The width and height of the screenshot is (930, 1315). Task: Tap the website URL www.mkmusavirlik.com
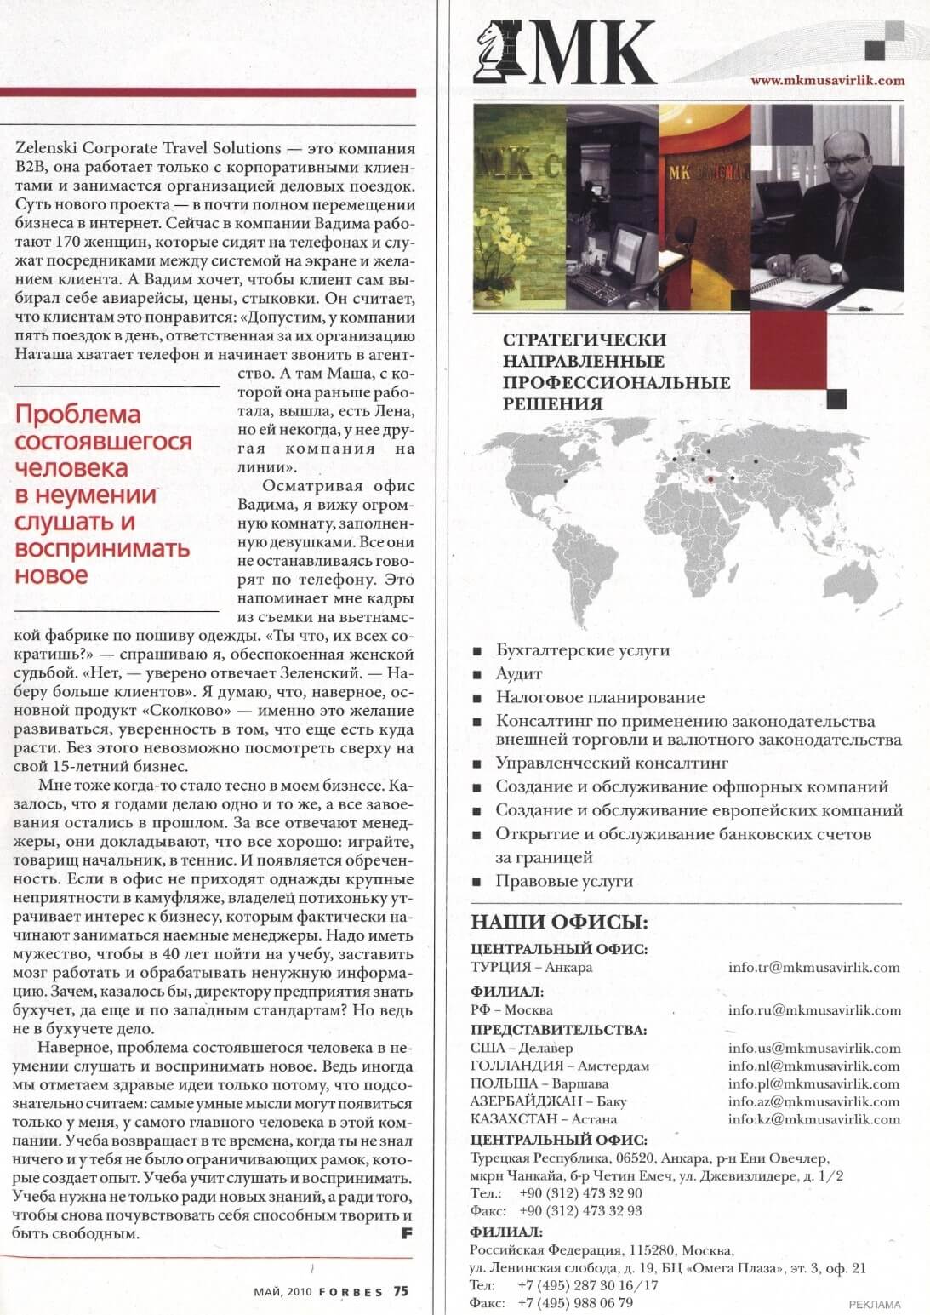pyautogui.click(x=827, y=81)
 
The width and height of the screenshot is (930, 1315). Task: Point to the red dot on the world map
pyautogui.click(x=710, y=478)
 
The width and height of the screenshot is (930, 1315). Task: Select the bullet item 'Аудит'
pyautogui.click(x=519, y=673)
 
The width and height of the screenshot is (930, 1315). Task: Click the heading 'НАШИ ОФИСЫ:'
pyautogui.click(x=559, y=923)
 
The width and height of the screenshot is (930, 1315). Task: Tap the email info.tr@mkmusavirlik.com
pyautogui.click(x=813, y=968)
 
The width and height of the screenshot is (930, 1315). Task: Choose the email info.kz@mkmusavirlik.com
pyautogui.click(x=813, y=1119)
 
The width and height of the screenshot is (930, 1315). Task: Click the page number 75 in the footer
pyautogui.click(x=401, y=1291)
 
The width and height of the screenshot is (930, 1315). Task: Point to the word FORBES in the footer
pyautogui.click(x=351, y=1292)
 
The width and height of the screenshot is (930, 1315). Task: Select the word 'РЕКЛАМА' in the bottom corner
pyautogui.click(x=874, y=1304)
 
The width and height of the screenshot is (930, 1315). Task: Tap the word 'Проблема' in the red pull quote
pyautogui.click(x=78, y=415)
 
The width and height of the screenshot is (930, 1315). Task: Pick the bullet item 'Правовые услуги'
pyautogui.click(x=565, y=882)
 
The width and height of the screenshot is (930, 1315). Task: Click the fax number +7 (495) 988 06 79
pyautogui.click(x=575, y=1303)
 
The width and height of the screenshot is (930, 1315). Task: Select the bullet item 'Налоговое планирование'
pyautogui.click(x=600, y=697)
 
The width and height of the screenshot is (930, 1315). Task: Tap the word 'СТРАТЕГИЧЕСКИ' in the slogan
pyautogui.click(x=585, y=340)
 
